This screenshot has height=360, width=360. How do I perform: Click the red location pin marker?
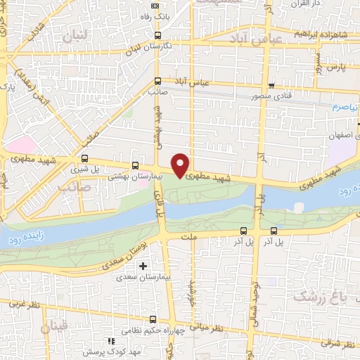pyautogui.click(x=181, y=165)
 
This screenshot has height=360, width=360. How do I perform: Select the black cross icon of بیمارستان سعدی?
pyautogui.click(x=143, y=266)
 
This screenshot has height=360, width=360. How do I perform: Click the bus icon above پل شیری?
pyautogui.click(x=85, y=158)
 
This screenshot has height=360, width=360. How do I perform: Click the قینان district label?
pyautogui.click(x=55, y=328)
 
